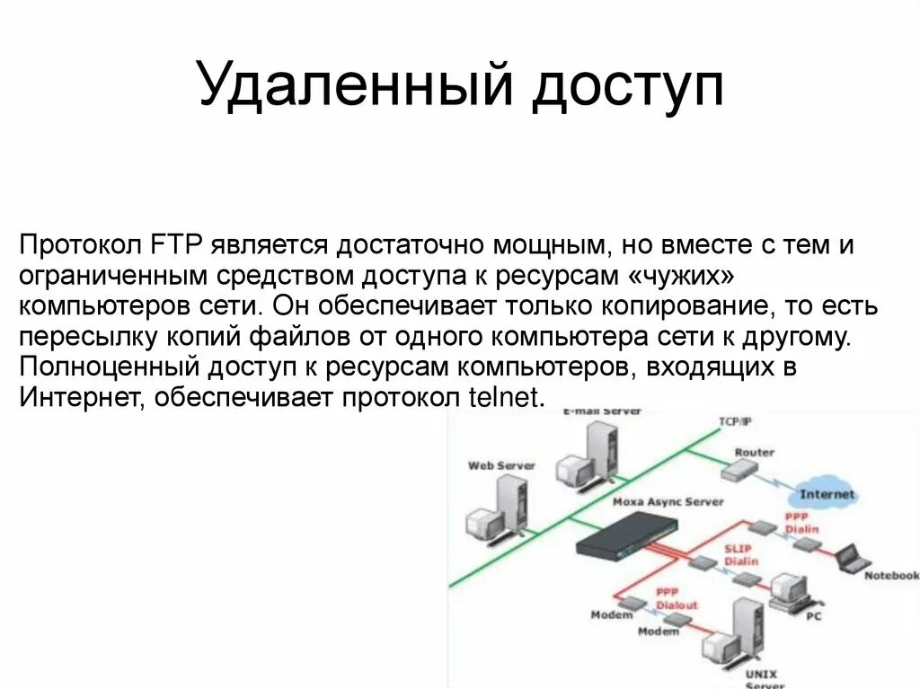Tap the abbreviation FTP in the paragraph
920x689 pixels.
coord(178,245)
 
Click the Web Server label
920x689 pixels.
coord(500,465)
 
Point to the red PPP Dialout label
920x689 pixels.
coord(676,598)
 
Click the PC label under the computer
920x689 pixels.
coord(814,616)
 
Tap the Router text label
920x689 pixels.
coord(754,452)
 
